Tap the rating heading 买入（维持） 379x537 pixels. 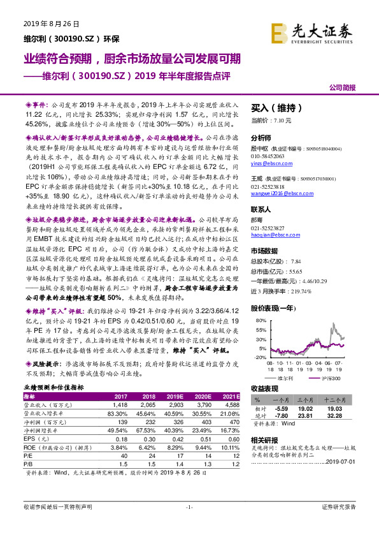[x=274, y=108]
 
